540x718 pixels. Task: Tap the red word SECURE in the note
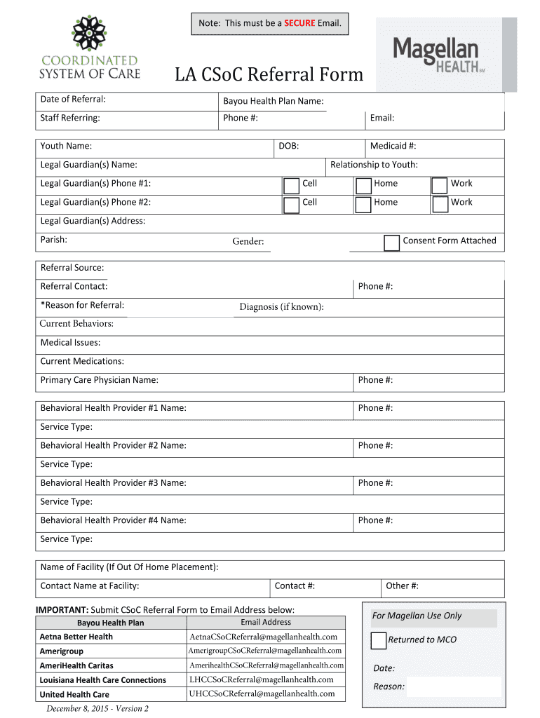point(299,23)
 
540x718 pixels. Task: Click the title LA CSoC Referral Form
point(269,74)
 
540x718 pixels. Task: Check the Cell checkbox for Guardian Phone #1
point(291,185)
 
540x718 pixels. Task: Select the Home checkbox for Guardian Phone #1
point(363,185)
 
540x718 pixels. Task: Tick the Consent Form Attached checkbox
point(392,243)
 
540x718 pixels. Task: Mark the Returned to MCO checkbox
point(378,640)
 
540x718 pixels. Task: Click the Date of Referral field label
point(73,99)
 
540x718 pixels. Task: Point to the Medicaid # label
point(393,146)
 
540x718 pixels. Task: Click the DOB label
point(289,146)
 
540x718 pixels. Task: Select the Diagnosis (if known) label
point(281,306)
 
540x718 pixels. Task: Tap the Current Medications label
point(82,361)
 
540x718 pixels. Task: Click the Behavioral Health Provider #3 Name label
point(113,482)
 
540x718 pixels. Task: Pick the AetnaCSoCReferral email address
point(264,637)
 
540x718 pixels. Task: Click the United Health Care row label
point(74,694)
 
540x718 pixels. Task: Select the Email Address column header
point(266,622)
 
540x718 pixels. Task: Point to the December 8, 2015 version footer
point(97,708)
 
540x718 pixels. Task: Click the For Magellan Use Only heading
point(417,615)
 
